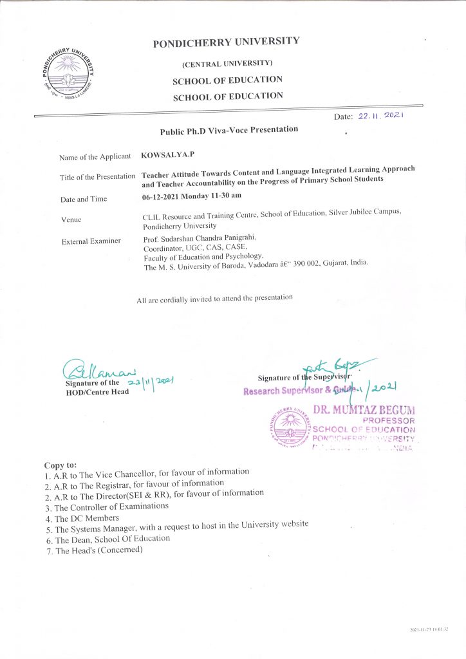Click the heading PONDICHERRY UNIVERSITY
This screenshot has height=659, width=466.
(226, 42)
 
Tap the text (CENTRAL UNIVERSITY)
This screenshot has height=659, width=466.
(227, 63)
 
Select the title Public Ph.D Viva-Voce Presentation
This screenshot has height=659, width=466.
(228, 130)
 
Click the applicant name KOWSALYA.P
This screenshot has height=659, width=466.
(162, 155)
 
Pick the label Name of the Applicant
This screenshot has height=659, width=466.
(95, 157)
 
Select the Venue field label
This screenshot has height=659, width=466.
(71, 219)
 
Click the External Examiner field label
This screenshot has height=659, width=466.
(91, 241)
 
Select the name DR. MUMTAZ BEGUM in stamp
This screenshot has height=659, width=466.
(364, 410)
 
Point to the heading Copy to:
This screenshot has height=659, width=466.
(60, 465)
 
